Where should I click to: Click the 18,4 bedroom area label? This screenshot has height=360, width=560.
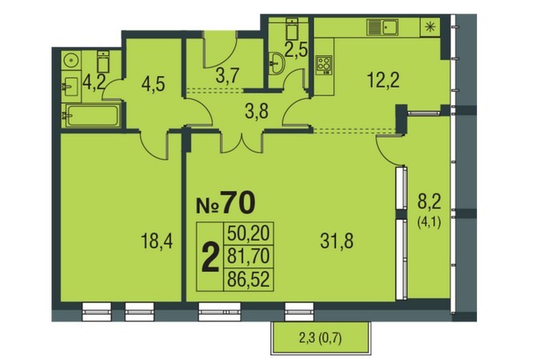click(157, 241)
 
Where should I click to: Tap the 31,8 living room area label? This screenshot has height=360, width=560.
click(337, 241)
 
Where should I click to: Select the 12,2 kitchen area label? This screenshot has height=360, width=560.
click(383, 80)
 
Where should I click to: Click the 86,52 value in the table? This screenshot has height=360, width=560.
click(248, 279)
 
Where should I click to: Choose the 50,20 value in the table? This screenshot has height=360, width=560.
click(248, 234)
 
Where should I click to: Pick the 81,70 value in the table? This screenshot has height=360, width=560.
click(248, 256)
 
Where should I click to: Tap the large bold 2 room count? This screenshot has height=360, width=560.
click(210, 257)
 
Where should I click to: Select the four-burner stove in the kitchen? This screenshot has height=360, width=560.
click(324, 65)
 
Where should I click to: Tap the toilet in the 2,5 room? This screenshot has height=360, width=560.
click(292, 29)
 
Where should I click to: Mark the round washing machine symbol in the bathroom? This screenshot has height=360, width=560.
click(71, 60)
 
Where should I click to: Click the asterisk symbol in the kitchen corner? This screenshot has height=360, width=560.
click(430, 27)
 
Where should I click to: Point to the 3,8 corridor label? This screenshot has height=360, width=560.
click(257, 112)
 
